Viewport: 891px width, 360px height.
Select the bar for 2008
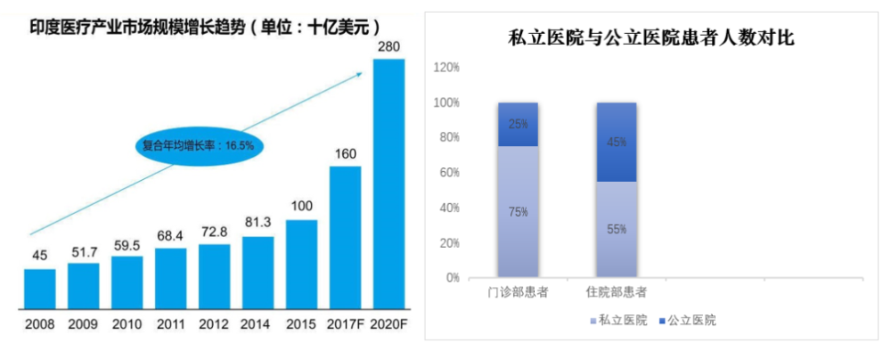(39, 287)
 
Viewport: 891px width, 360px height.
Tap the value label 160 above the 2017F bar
(345, 153)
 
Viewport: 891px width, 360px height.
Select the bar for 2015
(301, 263)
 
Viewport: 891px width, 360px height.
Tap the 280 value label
(388, 45)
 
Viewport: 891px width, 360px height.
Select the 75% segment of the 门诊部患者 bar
(519, 212)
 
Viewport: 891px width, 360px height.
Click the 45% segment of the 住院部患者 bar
(617, 142)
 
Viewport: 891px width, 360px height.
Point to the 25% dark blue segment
(519, 124)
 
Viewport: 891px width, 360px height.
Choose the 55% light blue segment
(617, 229)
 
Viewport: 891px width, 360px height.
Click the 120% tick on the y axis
(446, 68)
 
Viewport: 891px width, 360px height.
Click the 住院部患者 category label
(617, 292)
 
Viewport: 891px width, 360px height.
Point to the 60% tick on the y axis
(448, 173)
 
